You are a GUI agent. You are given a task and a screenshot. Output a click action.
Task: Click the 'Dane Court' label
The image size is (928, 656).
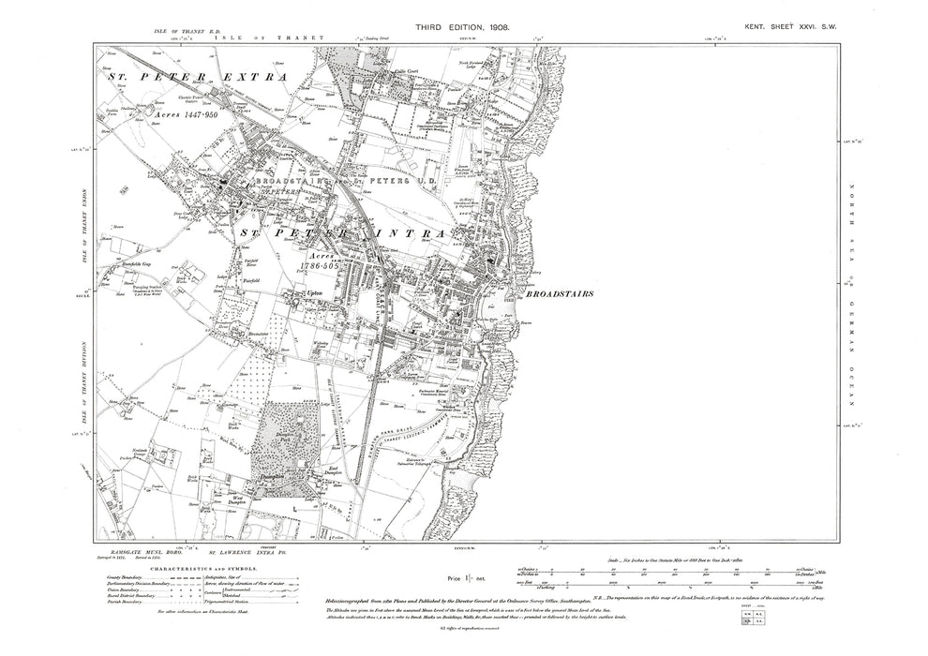click(221, 220)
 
